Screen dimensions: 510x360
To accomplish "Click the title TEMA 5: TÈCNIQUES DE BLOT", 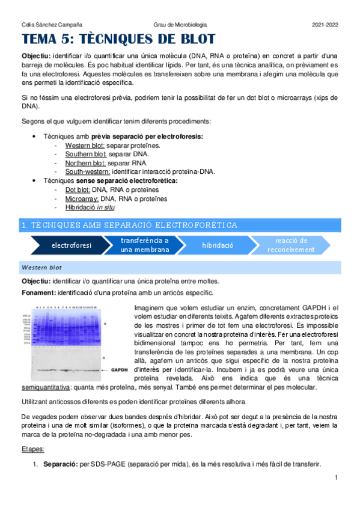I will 118,40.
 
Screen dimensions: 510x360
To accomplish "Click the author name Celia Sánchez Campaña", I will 44,24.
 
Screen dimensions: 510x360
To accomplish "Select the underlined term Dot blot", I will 77,189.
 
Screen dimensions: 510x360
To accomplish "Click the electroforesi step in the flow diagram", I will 72,245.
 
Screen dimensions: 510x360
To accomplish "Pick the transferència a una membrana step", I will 144,245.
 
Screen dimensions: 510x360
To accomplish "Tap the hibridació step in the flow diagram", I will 218,245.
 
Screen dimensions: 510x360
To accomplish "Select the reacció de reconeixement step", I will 291,245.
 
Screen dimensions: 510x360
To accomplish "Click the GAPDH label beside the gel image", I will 120,370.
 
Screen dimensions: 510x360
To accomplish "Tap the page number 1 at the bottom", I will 337,478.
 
